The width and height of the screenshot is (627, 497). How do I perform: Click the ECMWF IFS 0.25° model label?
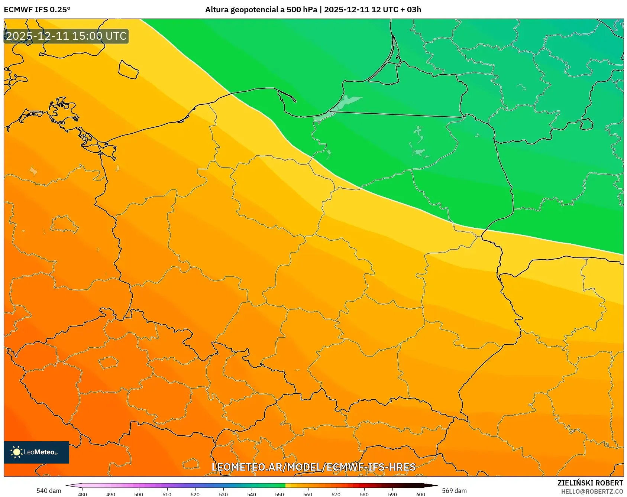coord(37,10)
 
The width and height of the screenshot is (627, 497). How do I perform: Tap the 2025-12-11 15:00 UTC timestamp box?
coord(66,36)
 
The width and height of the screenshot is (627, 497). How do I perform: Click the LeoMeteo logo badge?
coord(36,452)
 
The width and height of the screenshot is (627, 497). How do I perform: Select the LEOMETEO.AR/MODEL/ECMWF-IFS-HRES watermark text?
coord(313,467)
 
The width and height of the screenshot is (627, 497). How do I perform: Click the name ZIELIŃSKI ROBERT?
coord(590,483)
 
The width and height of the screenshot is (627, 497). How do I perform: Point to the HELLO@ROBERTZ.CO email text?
coord(592,491)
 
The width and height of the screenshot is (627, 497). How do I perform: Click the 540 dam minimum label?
coord(49,491)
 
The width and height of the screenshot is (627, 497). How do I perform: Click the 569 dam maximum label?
coord(454,491)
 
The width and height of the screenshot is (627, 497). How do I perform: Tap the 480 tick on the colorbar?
coord(83,494)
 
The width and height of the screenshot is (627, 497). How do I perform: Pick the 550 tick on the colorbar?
coord(279,494)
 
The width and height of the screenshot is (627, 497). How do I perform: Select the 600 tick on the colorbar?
coord(420,494)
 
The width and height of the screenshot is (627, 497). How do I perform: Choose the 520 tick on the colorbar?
coord(195,494)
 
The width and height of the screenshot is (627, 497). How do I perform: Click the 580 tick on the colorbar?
coord(364,494)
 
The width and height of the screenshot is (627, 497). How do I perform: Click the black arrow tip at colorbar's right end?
coord(433,485)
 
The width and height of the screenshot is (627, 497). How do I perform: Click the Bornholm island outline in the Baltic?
coord(128,69)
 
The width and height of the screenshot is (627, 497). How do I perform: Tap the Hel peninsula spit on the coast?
coord(287,95)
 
